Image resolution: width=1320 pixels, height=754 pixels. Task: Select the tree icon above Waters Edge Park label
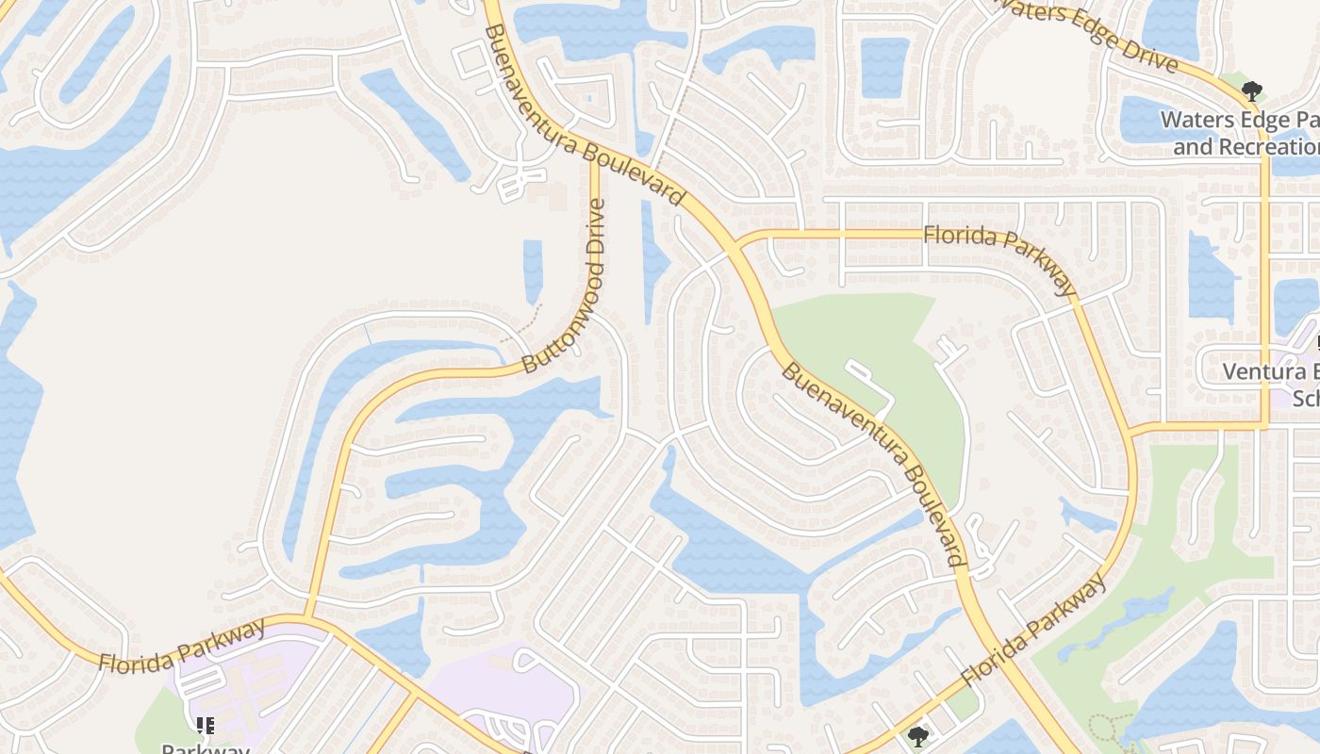[x=1252, y=91]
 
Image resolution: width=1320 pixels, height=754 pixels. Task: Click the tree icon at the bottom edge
[x=917, y=736]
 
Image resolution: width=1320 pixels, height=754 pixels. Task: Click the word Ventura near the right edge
[x=1259, y=370]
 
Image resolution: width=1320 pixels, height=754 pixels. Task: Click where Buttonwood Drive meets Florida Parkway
[x=307, y=617]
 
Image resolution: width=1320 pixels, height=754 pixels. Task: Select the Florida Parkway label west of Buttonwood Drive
[x=182, y=645]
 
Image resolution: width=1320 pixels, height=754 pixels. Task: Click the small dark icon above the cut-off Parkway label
[x=205, y=725]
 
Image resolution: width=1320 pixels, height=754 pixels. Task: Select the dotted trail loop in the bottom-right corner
[x=1109, y=729]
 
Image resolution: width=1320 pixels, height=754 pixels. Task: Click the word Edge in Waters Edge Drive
[x=1089, y=32]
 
